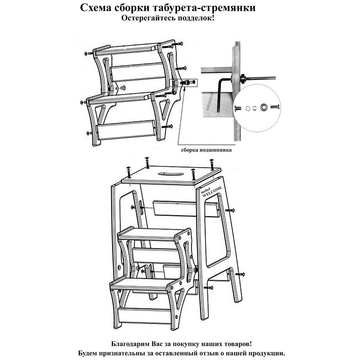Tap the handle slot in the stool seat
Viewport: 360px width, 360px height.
pyautogui.click(x=168, y=174)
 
